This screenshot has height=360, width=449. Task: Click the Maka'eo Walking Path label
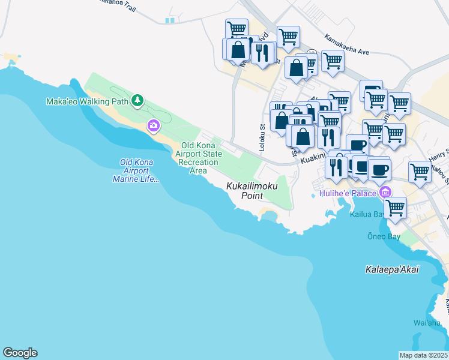pyautogui.click(x=87, y=101)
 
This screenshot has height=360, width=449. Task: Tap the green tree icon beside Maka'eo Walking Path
pyautogui.click(x=138, y=100)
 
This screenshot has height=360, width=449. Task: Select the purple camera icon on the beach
pyautogui.click(x=154, y=125)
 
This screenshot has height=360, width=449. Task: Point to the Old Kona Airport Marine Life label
pyautogui.click(x=136, y=170)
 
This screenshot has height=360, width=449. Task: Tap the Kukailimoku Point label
pyautogui.click(x=252, y=191)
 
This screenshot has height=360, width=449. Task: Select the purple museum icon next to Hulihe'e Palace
pyautogui.click(x=384, y=193)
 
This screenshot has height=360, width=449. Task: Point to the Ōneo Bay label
pyautogui.click(x=384, y=236)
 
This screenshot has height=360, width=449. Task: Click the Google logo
pyautogui.click(x=20, y=353)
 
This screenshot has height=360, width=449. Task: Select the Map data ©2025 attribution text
pyautogui.click(x=423, y=355)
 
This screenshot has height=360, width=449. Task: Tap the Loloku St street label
pyautogui.click(x=262, y=137)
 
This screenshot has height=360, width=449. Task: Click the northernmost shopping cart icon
pyautogui.click(x=237, y=28)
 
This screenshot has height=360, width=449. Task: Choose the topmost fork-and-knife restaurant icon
pyautogui.click(x=262, y=52)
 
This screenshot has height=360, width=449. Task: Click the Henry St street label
pyautogui.click(x=439, y=155)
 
